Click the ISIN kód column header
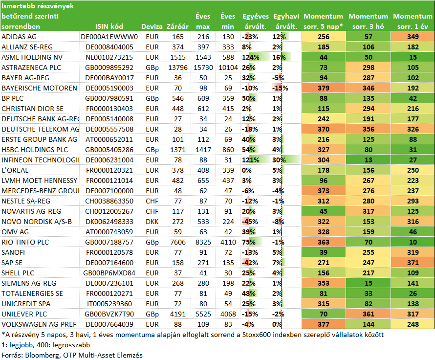109,26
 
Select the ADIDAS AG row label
19,37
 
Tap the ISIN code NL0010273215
109,57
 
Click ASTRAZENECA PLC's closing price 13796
178,67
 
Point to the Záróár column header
177,26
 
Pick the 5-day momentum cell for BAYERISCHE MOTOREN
324,88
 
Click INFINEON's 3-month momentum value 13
369,160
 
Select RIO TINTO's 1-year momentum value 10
413,242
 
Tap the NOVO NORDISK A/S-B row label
37,222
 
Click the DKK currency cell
152,222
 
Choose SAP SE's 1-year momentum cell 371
413,263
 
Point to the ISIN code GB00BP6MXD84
109,273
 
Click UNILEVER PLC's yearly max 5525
203,314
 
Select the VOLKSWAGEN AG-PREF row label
39,324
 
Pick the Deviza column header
152,26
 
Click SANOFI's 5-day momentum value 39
324,252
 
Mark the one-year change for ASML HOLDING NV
251,57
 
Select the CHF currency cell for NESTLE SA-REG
152,201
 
